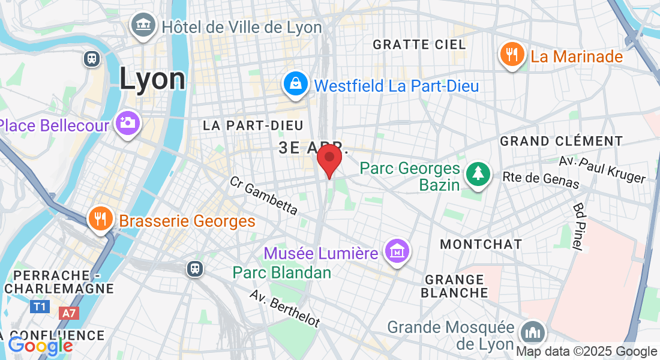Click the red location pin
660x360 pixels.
tap(329, 158)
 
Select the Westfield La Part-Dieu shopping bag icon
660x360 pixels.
tap(296, 84)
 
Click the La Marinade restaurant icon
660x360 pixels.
tap(511, 55)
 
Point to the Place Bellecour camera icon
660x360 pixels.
tap(127, 122)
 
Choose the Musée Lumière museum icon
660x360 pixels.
tap(397, 251)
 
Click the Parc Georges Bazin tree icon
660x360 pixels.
tap(478, 173)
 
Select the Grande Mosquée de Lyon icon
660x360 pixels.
tap(532, 332)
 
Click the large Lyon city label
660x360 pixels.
tap(152, 79)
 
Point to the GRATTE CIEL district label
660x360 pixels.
tap(419, 44)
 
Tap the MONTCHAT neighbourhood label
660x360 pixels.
tap(481, 244)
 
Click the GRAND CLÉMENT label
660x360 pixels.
tap(562, 141)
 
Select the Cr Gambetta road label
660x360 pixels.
tap(263, 195)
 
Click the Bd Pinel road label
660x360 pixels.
tap(579, 226)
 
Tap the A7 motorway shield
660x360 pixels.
tap(69, 313)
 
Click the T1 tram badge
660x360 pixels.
tap(40, 307)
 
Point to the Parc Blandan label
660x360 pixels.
tap(282, 272)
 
